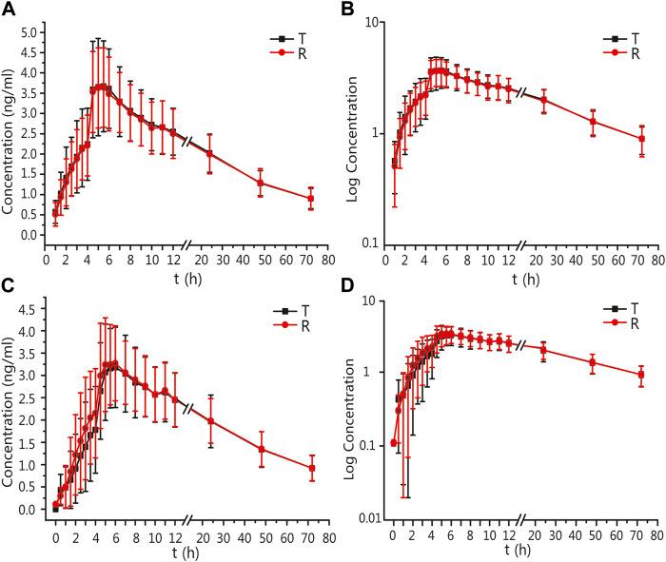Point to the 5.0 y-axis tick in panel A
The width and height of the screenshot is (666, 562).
pos(30,31)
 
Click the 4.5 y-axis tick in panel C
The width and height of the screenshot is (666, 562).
pos(30,308)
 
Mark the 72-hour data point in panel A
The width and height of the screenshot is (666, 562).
pos(310,199)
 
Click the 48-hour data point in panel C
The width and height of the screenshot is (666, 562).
pos(261,449)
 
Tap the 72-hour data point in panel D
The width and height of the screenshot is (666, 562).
pos(641,375)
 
